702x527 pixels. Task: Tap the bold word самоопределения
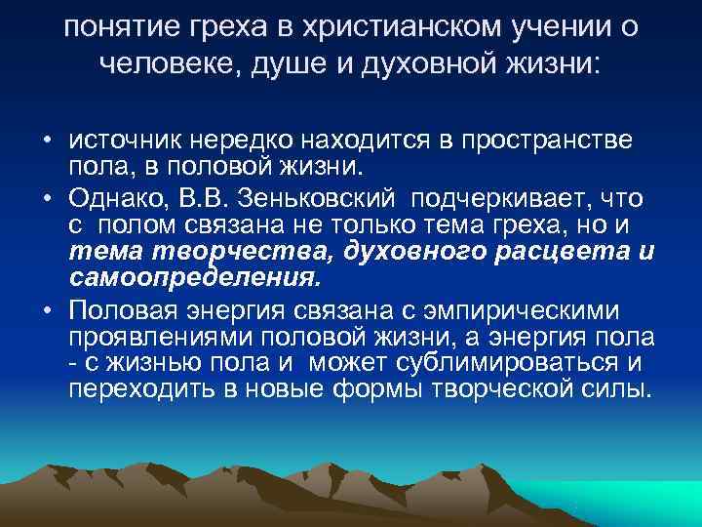(x=193, y=277)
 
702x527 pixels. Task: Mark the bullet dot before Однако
(x=48, y=199)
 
